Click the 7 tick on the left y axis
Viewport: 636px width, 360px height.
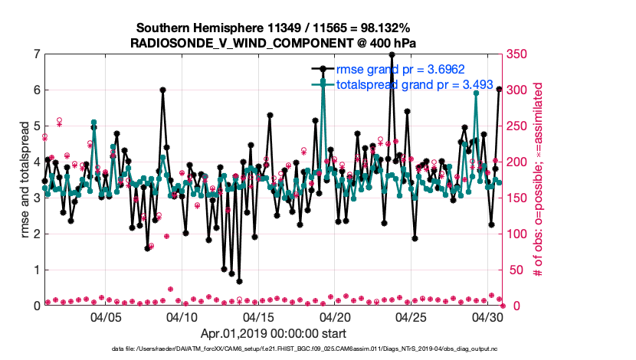(x=37, y=54)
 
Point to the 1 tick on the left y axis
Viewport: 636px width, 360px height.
(x=37, y=270)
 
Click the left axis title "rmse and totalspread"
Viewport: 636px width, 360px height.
(x=25, y=180)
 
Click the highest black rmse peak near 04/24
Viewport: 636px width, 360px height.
(x=392, y=55)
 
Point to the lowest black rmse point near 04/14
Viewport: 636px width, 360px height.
(x=239, y=280)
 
